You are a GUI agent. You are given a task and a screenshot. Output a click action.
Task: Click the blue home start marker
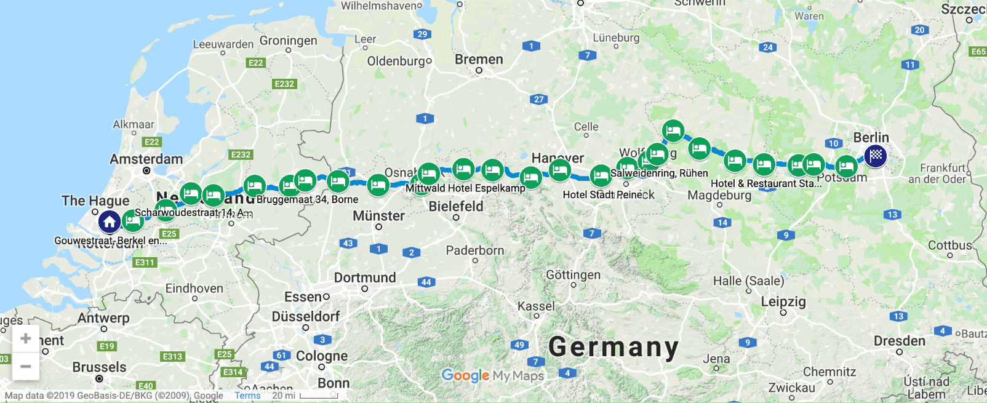(x=110, y=221)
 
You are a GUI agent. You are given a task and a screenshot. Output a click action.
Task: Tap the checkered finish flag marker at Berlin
(x=876, y=156)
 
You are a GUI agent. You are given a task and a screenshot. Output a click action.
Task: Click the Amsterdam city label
(x=146, y=159)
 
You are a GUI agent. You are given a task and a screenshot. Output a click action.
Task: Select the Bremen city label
(x=479, y=60)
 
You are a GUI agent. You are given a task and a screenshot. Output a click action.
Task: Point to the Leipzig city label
(x=783, y=302)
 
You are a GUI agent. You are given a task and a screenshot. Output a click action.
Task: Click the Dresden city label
(x=899, y=341)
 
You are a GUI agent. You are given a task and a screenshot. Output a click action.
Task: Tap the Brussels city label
(x=99, y=367)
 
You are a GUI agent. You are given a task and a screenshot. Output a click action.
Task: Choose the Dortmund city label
(x=365, y=277)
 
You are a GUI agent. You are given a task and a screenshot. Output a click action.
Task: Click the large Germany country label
(x=613, y=348)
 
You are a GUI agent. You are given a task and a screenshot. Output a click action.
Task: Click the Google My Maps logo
(x=493, y=375)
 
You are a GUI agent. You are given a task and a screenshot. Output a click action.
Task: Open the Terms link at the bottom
(x=247, y=396)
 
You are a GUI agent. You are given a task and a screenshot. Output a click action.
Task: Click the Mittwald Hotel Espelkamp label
(x=465, y=188)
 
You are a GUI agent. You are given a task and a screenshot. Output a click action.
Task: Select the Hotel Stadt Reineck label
(x=609, y=195)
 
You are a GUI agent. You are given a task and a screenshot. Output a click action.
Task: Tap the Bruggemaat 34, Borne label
(x=307, y=199)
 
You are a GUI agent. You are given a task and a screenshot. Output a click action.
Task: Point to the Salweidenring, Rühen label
(x=659, y=174)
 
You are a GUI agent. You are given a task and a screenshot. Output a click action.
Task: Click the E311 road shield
(x=145, y=263)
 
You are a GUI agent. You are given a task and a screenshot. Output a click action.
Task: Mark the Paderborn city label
(x=475, y=251)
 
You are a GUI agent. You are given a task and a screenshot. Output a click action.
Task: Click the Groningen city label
(x=288, y=41)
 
